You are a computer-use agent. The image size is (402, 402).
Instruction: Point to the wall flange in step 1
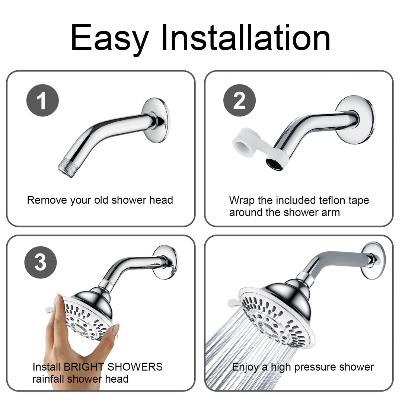[156, 120]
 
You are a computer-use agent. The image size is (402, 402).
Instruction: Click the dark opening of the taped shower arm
[274, 164]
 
